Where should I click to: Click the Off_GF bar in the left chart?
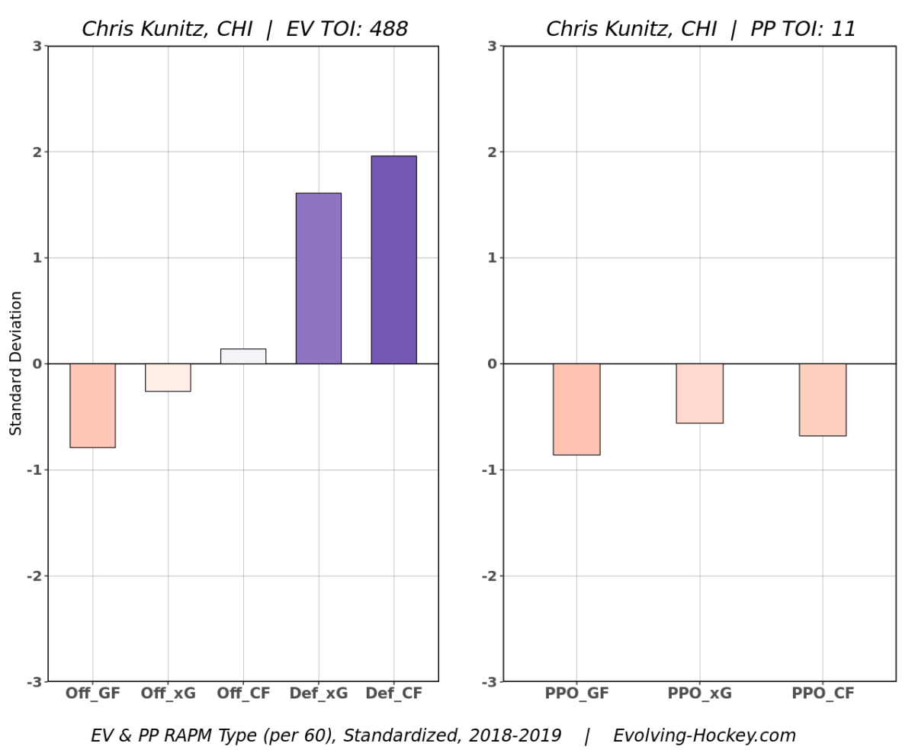point(92,405)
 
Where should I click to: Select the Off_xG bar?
point(168,377)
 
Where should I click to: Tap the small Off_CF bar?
point(243,356)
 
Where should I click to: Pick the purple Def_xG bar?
point(318,278)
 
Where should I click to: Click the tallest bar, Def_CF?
point(393,260)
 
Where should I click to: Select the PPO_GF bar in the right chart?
point(576,409)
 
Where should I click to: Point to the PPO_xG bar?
point(699,393)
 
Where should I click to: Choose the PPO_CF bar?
point(822,399)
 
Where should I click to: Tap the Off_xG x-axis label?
point(168,694)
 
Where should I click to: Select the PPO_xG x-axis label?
point(699,694)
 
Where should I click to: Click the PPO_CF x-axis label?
point(823,694)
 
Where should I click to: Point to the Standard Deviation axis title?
point(17,363)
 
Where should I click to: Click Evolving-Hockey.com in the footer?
point(705,736)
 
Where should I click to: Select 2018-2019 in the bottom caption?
point(516,736)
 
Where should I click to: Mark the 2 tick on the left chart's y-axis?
point(36,152)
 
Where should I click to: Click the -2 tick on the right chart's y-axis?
point(488,575)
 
